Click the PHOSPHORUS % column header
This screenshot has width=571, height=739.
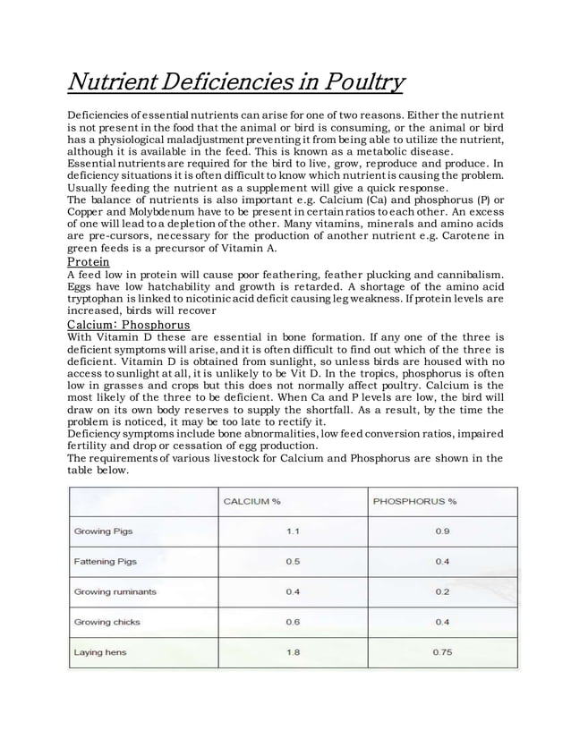(x=414, y=500)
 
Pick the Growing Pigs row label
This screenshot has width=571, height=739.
(x=103, y=531)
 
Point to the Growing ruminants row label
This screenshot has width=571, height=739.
(x=115, y=591)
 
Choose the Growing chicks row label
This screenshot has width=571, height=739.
(x=107, y=622)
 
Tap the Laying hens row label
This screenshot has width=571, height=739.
(x=99, y=652)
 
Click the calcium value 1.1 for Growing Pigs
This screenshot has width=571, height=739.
(x=293, y=531)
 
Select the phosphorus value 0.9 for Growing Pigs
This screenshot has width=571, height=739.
(x=442, y=531)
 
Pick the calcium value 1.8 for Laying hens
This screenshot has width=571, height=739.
(x=293, y=652)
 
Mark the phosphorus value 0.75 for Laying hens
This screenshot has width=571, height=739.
(x=442, y=652)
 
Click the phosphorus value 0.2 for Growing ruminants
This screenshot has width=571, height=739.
(x=442, y=591)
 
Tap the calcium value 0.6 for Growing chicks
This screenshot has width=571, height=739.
(x=293, y=622)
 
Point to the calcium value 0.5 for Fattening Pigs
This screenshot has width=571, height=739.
(x=293, y=561)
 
